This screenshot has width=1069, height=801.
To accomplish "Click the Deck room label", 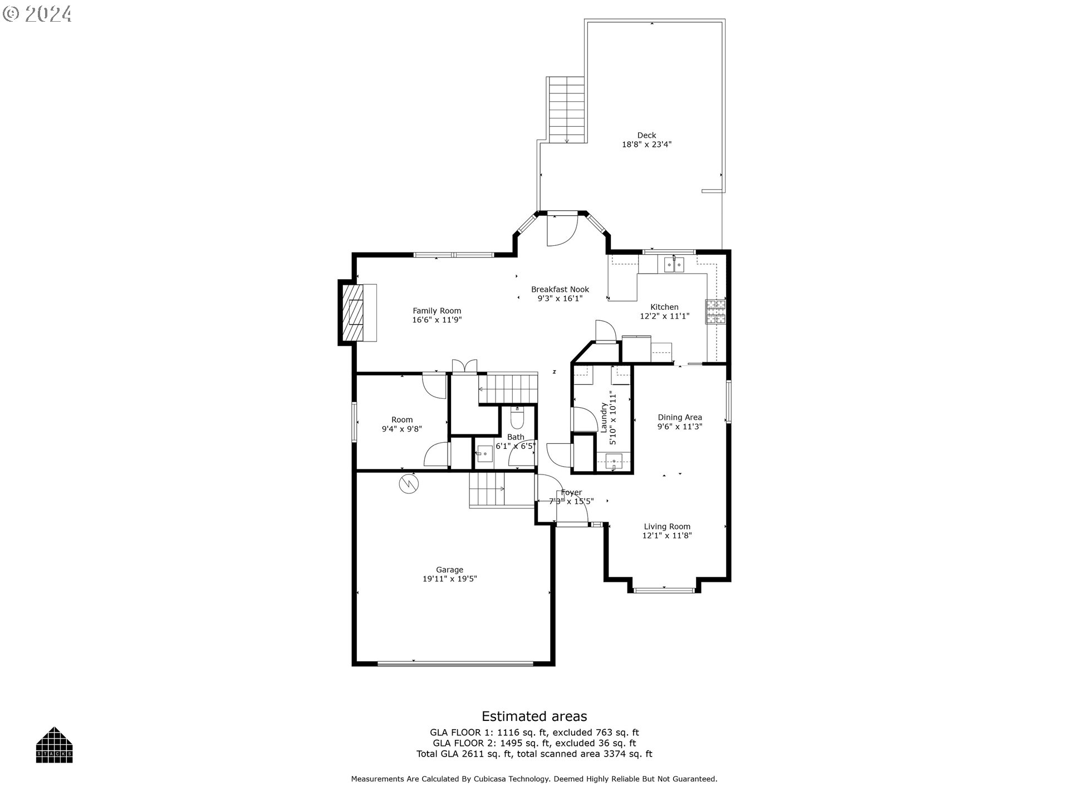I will point(646,135).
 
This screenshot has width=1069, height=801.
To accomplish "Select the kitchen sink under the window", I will point(674,265).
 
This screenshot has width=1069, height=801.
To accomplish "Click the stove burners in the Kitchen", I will point(716,311).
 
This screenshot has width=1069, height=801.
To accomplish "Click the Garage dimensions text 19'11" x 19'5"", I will point(449,578).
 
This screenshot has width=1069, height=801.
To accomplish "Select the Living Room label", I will point(667,526).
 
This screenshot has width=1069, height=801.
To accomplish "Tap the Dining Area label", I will point(680,417).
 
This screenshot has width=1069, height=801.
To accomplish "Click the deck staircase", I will point(567,110).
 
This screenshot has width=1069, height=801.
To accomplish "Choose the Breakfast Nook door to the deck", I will point(562,229).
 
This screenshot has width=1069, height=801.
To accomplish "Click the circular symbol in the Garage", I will point(408,483).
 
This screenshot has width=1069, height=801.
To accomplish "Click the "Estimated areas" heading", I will point(534,716).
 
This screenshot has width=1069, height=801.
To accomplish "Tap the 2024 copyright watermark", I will point(38,14).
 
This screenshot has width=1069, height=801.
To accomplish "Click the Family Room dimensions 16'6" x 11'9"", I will point(437,320).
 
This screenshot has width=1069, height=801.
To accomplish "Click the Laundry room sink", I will point(614,461).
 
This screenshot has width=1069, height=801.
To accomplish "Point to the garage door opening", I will point(455,663).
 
